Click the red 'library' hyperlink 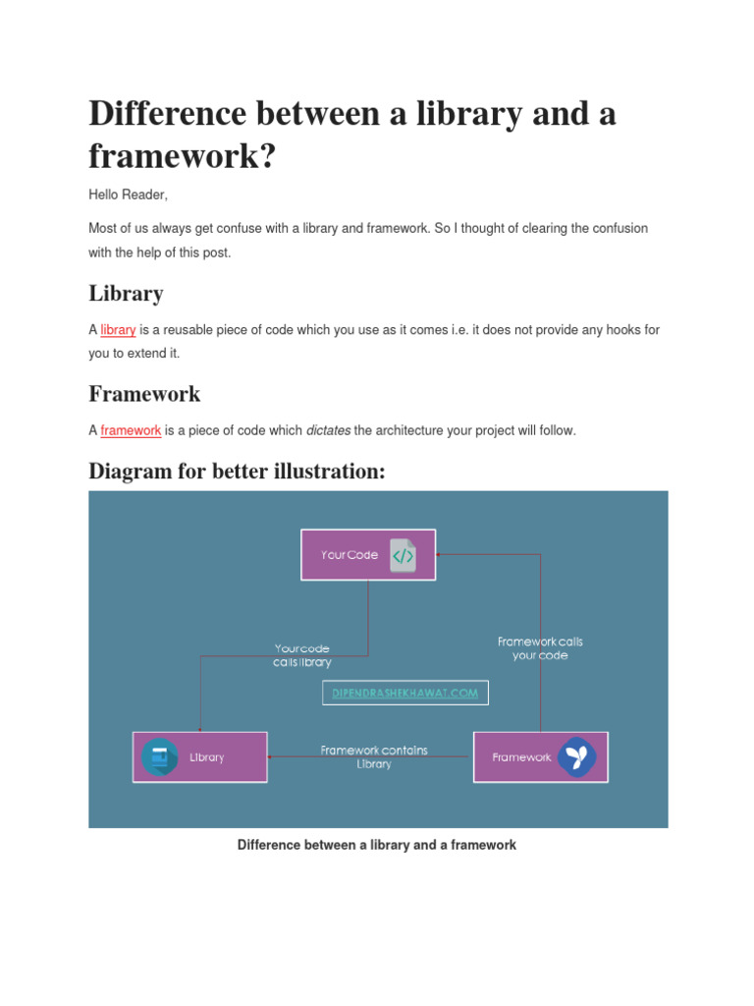pyautogui.click(x=118, y=330)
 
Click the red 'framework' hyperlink pyautogui.click(x=131, y=430)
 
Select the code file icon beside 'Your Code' pyautogui.click(x=403, y=555)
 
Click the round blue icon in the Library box pyautogui.click(x=159, y=757)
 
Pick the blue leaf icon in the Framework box pyautogui.click(x=576, y=757)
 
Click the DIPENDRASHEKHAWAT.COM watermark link pyautogui.click(x=404, y=694)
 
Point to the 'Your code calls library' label pyautogui.click(x=302, y=655)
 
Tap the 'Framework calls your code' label pyautogui.click(x=540, y=648)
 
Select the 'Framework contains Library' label pyautogui.click(x=374, y=756)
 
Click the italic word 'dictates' pyautogui.click(x=328, y=430)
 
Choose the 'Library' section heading pyautogui.click(x=126, y=293)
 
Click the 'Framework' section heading pyautogui.click(x=144, y=394)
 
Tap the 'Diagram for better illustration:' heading pyautogui.click(x=237, y=471)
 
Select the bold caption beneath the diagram pyautogui.click(x=377, y=845)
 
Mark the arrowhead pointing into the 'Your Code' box pyautogui.click(x=439, y=555)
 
